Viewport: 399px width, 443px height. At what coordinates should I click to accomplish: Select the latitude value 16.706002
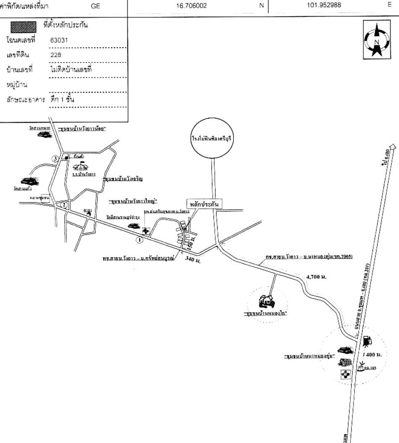[x=192, y=6]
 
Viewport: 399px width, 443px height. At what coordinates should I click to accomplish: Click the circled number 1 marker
[x=140, y=240]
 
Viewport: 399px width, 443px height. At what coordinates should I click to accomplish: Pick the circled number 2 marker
[x=63, y=205]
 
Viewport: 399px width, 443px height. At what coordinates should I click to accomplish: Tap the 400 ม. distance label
[x=373, y=355]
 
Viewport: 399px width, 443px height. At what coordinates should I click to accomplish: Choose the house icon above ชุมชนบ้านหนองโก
[x=266, y=301]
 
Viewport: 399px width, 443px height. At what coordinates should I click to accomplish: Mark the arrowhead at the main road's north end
[x=392, y=147]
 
